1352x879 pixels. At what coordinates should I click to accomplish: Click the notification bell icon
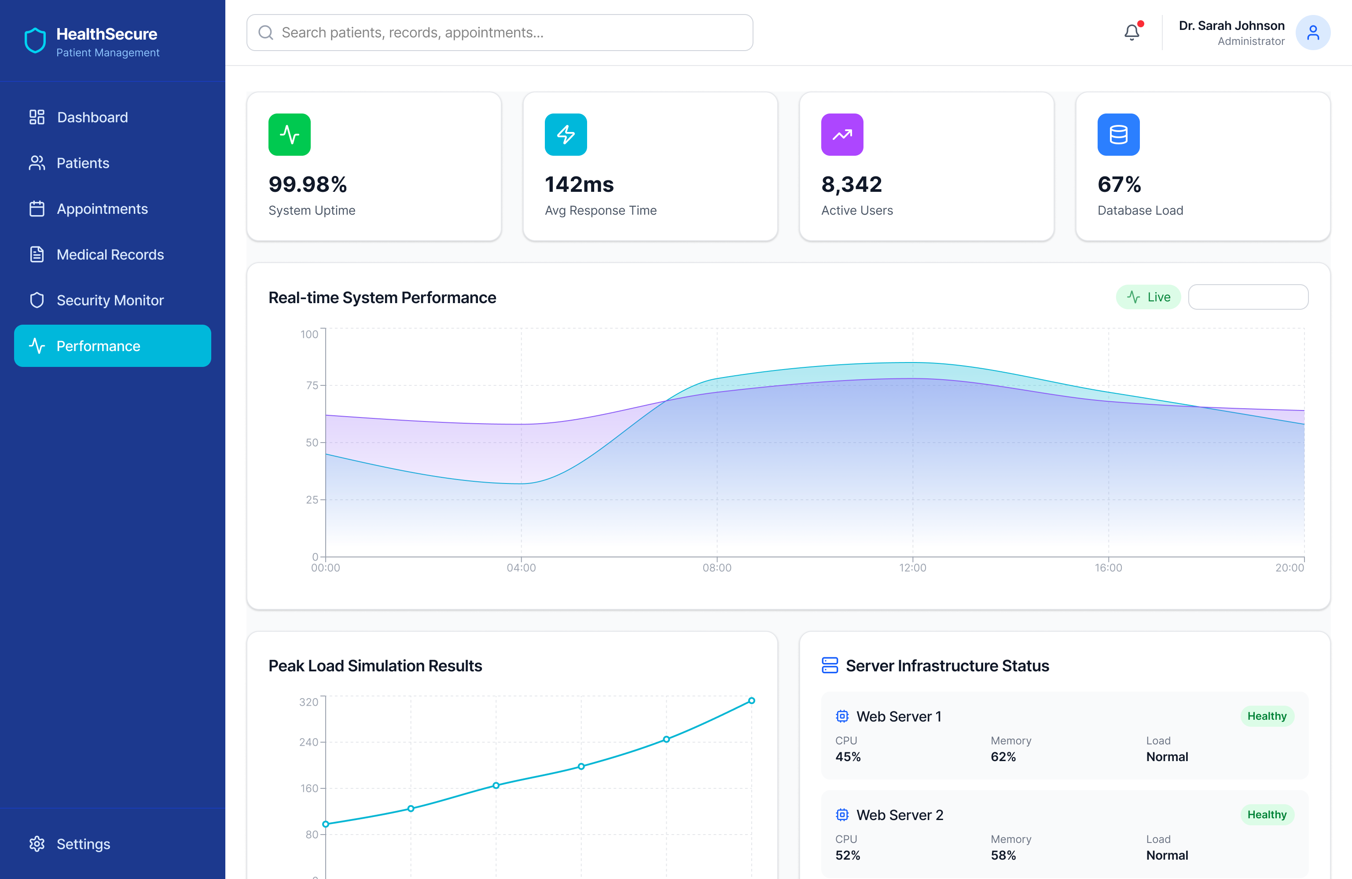point(1132,33)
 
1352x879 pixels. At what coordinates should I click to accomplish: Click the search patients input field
point(500,33)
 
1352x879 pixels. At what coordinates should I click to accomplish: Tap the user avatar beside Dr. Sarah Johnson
point(1312,33)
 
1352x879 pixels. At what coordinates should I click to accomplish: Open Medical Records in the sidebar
point(110,254)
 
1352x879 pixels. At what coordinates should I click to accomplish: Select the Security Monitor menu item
point(110,300)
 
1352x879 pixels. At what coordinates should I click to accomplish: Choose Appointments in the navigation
point(102,209)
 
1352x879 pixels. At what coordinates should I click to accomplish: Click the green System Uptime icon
point(289,135)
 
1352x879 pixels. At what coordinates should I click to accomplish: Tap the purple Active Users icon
point(842,135)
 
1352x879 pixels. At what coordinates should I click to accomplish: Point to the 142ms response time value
point(579,184)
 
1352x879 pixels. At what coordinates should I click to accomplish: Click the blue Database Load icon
point(1118,135)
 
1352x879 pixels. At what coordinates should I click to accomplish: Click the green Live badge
point(1148,297)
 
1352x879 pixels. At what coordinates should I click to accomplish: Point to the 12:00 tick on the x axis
point(912,567)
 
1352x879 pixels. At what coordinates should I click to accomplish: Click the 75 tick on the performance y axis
point(312,385)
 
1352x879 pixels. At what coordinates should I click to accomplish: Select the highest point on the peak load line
point(751,701)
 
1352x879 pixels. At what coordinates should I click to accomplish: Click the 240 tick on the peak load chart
point(309,742)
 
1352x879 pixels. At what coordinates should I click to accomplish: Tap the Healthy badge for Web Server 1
point(1266,716)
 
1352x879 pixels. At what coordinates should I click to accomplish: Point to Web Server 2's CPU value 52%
point(848,855)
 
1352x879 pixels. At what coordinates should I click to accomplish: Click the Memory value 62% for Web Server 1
point(1003,757)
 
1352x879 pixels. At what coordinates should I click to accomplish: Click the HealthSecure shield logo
point(35,41)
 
